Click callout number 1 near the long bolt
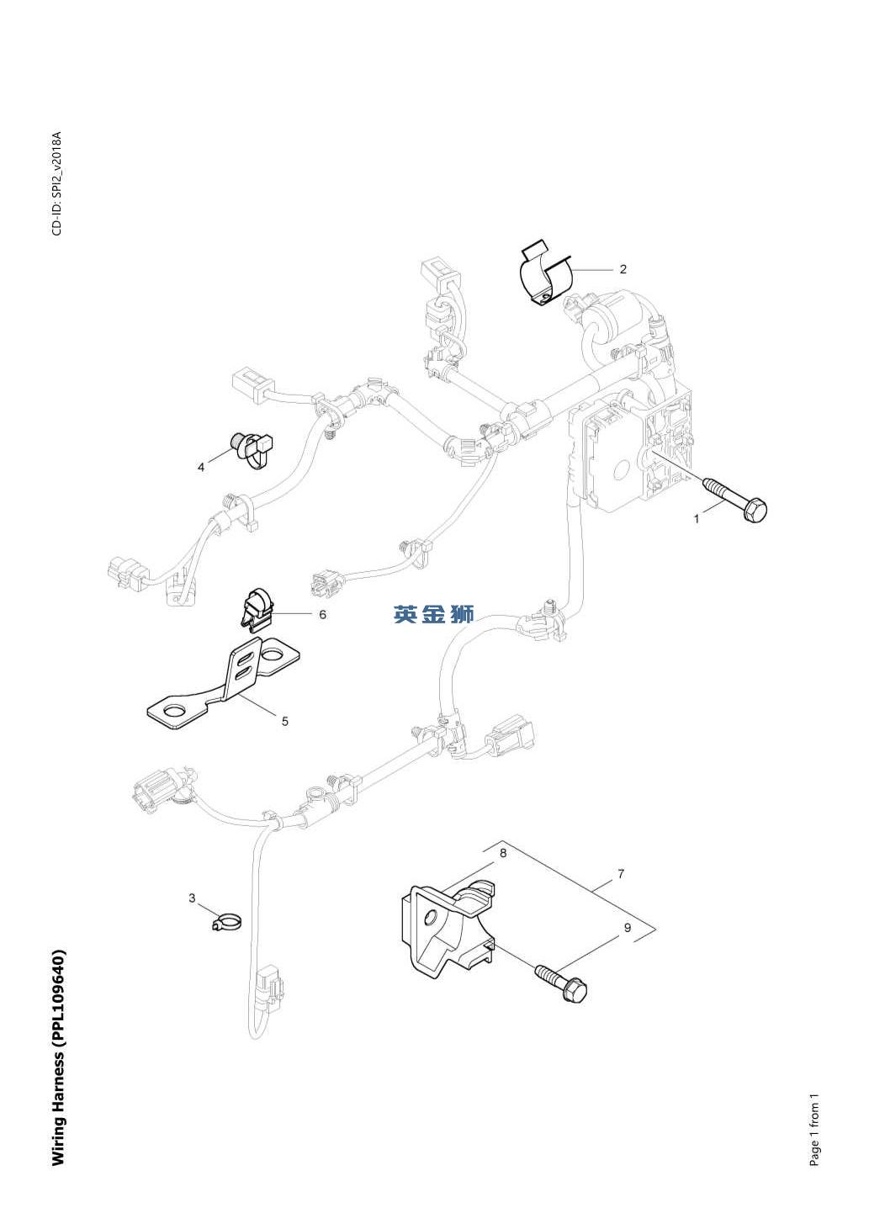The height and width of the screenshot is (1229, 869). click(697, 519)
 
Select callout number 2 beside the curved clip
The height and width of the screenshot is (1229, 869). click(623, 269)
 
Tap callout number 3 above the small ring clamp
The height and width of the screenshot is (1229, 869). click(192, 898)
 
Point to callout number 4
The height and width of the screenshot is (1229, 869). click(201, 467)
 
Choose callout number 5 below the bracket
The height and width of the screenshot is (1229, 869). click(285, 721)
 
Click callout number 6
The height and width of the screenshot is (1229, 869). click(322, 614)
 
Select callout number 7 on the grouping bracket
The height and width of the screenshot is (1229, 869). click(621, 874)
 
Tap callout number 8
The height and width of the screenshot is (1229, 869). click(503, 853)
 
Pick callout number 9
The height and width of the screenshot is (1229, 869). click(628, 928)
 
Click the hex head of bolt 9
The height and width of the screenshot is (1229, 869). click(575, 993)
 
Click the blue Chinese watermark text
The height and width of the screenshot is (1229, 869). click(434, 614)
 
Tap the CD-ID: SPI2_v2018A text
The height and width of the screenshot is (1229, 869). click(56, 183)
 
